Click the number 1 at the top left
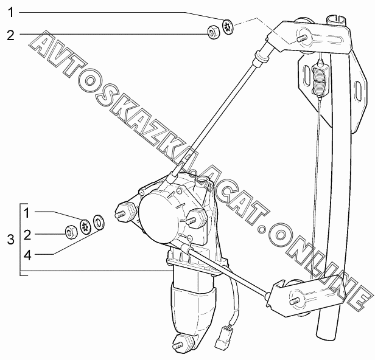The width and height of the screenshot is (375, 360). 10,12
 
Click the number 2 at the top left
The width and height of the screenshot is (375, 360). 10,35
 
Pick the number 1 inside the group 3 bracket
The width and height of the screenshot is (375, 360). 27,212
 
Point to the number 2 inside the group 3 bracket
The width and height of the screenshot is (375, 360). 27,234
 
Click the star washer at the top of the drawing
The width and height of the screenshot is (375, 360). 228,27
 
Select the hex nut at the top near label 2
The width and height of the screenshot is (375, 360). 214,33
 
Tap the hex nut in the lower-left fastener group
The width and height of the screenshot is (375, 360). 71,231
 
